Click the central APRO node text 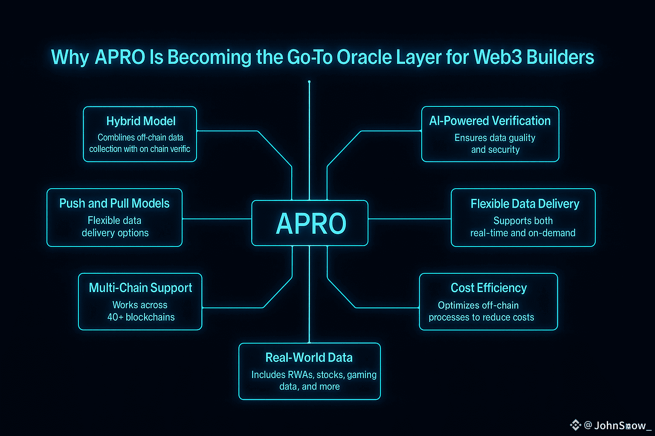pyautogui.click(x=311, y=224)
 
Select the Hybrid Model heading pyautogui.click(x=141, y=121)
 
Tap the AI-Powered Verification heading pyautogui.click(x=490, y=121)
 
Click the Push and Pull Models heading pyautogui.click(x=114, y=204)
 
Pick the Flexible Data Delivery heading pyautogui.click(x=525, y=204)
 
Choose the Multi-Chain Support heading pyautogui.click(x=140, y=288)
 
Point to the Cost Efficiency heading pyautogui.click(x=489, y=288)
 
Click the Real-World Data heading pyautogui.click(x=309, y=358)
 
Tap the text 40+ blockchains pyautogui.click(x=141, y=317)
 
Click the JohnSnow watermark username pyautogui.click(x=620, y=425)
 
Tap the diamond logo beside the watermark pyautogui.click(x=575, y=425)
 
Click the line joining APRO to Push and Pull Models pyautogui.click(x=217, y=219)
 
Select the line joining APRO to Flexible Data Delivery pyautogui.click(x=409, y=219)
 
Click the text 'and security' pyautogui.click(x=495, y=150)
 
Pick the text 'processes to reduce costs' pyautogui.click(x=481, y=318)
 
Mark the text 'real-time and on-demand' pyautogui.click(x=523, y=233)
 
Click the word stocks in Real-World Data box pyautogui.click(x=330, y=375)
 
